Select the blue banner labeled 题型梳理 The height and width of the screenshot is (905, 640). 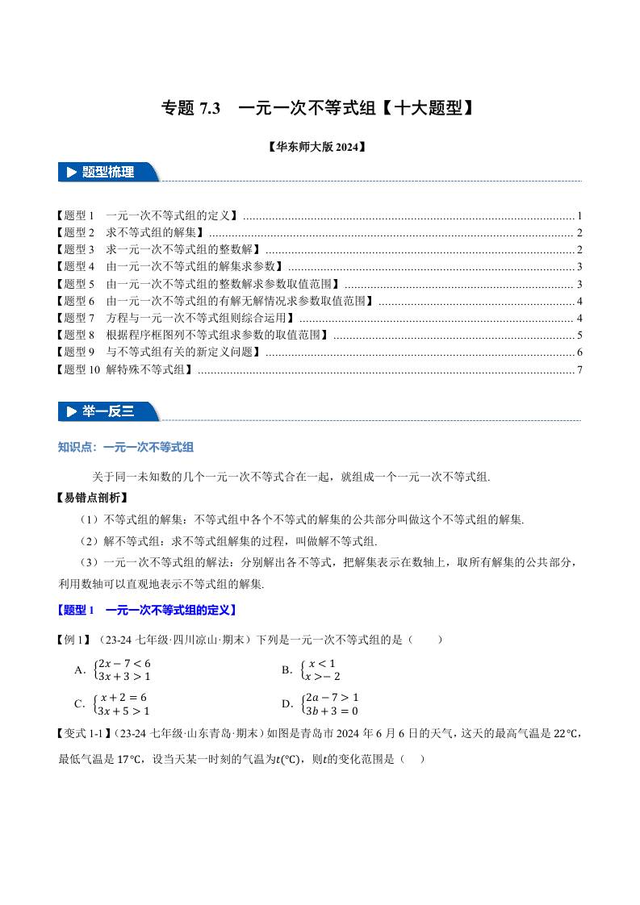pyautogui.click(x=108, y=172)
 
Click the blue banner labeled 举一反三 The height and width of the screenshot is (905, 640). pyautogui.click(x=108, y=411)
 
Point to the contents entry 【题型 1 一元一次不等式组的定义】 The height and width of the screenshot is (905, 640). pyautogui.click(x=148, y=216)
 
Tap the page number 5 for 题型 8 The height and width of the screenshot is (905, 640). pyautogui.click(x=579, y=336)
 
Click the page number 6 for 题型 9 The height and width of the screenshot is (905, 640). pyautogui.click(x=579, y=352)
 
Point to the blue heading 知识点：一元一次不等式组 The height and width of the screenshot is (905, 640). pyautogui.click(x=125, y=447)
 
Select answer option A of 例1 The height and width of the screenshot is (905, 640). pyautogui.click(x=113, y=669)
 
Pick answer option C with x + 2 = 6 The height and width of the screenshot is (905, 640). pyautogui.click(x=113, y=703)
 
